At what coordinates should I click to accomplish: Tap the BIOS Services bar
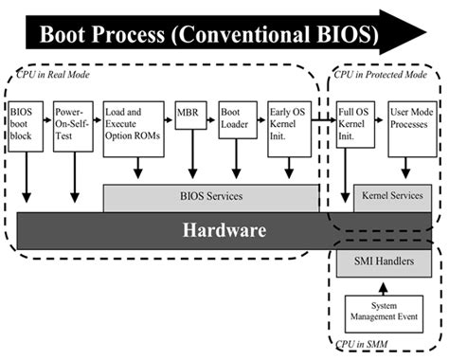210,196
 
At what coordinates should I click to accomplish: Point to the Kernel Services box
393,196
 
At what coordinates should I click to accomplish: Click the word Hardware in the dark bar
224,230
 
